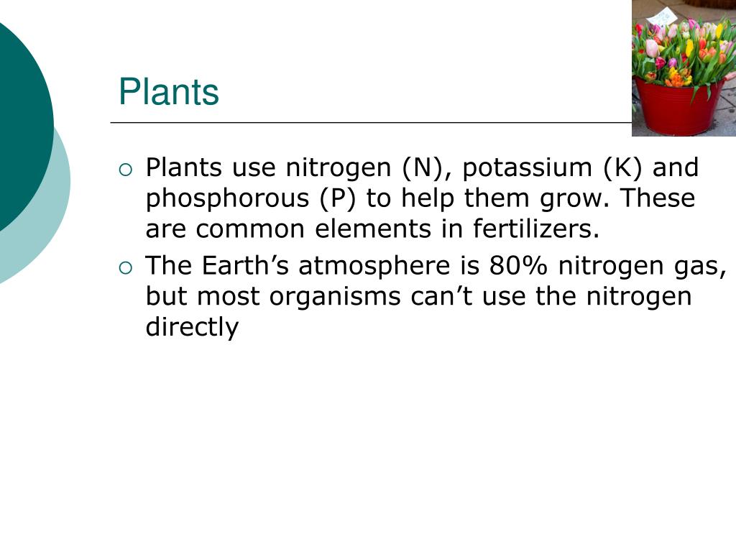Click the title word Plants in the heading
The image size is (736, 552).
point(169,93)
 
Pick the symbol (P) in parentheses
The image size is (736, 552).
point(339,198)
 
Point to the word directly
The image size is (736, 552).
point(192,327)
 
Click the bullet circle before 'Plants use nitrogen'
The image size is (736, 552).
point(126,170)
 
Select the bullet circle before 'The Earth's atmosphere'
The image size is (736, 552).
point(126,268)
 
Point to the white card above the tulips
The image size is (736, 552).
point(663,16)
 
